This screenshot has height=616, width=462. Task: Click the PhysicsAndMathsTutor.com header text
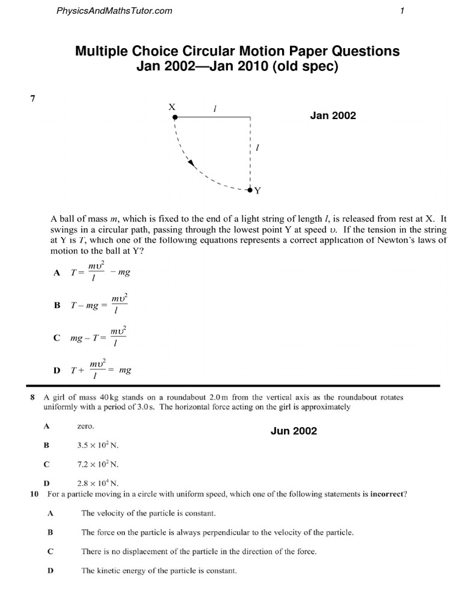(x=114, y=10)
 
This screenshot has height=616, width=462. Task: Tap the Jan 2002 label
(x=333, y=115)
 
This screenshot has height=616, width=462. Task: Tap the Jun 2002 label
(x=294, y=431)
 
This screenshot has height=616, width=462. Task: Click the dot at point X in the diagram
(x=174, y=117)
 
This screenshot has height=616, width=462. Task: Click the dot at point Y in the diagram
(x=250, y=190)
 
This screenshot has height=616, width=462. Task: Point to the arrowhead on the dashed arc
(x=191, y=162)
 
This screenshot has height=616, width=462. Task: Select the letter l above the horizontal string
(x=215, y=108)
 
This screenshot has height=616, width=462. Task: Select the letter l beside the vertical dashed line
(x=257, y=147)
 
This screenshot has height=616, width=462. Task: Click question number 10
(x=34, y=494)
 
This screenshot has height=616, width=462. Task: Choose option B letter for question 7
(x=57, y=305)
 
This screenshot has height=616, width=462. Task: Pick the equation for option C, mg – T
(x=98, y=337)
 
